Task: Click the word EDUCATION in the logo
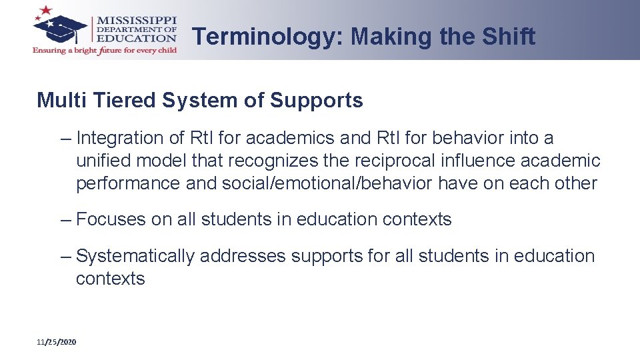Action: [137, 38]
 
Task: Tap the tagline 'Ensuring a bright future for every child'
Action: [105, 51]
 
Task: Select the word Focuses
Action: [111, 219]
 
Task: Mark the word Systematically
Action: [136, 256]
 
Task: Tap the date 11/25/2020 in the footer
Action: [57, 342]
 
